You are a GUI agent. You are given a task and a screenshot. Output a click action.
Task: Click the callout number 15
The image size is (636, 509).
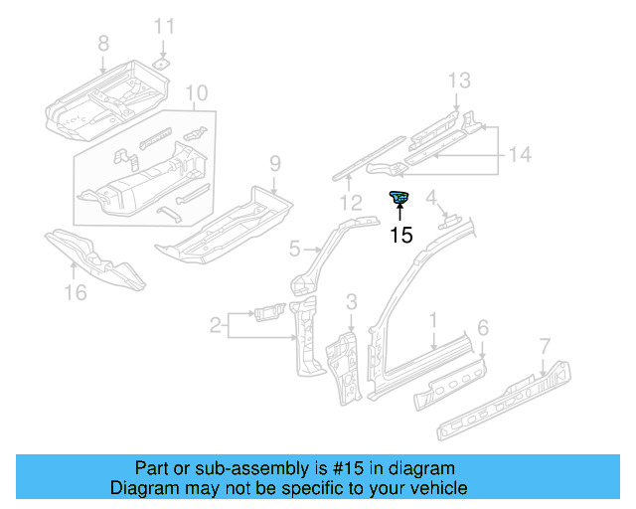400,236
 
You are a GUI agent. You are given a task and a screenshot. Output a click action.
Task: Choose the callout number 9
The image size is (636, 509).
275,163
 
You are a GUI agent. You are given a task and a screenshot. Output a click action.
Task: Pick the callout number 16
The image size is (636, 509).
75,291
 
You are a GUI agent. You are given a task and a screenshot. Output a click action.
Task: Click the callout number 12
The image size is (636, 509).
348,204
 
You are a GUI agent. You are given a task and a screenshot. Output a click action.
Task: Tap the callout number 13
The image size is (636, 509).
457,81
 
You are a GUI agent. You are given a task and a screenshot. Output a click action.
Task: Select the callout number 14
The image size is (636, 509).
520,154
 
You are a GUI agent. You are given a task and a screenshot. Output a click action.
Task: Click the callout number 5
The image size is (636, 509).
295,248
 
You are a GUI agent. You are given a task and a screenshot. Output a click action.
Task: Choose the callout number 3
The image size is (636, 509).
351,301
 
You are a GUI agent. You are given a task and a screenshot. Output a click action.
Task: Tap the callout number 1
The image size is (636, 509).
433,319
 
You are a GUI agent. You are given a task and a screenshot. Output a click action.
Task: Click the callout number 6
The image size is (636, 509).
482,327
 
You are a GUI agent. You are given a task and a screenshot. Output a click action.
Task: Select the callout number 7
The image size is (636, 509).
544,345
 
